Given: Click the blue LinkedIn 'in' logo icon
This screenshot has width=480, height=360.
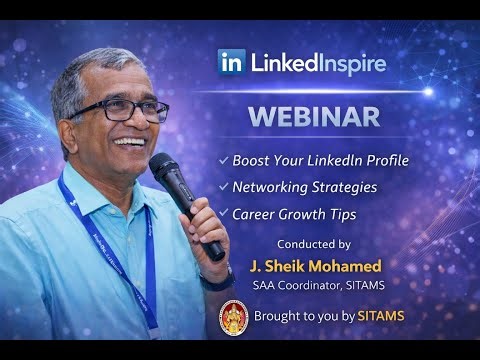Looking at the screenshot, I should [229, 62].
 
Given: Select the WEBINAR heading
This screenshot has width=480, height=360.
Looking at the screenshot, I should [314, 115].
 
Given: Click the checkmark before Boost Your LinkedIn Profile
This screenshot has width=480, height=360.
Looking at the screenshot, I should [222, 160].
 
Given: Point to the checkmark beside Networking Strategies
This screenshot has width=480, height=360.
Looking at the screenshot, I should [222, 186].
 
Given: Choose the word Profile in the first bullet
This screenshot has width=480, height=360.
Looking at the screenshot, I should [380, 160].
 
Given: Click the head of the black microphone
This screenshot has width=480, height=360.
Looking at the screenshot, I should [166, 172].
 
